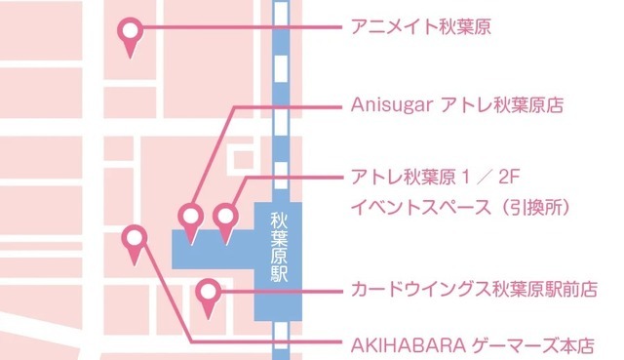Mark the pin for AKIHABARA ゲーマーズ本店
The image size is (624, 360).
click(x=134, y=239)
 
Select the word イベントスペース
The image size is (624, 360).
click(x=416, y=208)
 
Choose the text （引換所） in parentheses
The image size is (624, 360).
click(x=529, y=208)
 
